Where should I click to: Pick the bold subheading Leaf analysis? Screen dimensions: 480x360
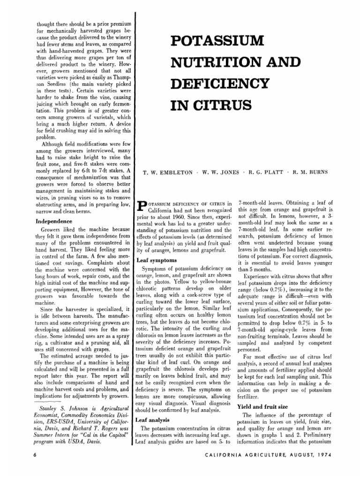(154, 420)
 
